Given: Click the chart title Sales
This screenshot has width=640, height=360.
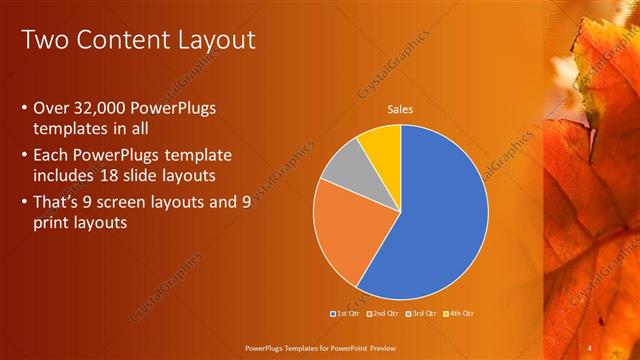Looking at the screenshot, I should tap(400, 110).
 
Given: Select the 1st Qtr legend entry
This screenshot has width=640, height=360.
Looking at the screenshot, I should tap(345, 314).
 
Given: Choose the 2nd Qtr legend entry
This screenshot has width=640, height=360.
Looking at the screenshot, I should tap(383, 314).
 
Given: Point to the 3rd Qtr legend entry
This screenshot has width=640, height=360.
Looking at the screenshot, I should tap(421, 314).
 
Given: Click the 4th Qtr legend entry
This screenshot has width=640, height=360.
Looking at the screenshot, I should tap(459, 314).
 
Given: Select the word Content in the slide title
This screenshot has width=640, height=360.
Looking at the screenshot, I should tap(117, 41).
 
